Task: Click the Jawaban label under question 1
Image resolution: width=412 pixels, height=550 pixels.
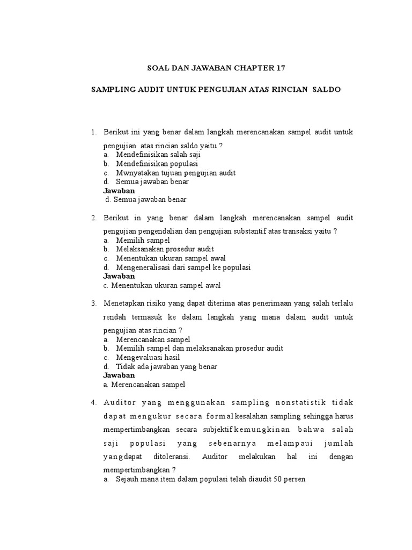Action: pos(119,191)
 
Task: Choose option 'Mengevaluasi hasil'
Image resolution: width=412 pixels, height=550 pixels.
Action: pos(148,357)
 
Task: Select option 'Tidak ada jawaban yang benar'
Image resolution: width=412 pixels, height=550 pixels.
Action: pos(166,366)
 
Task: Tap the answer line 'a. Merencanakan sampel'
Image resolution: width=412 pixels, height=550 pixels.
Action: pos(144,385)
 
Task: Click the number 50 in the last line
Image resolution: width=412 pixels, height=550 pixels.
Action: pos(277,479)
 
